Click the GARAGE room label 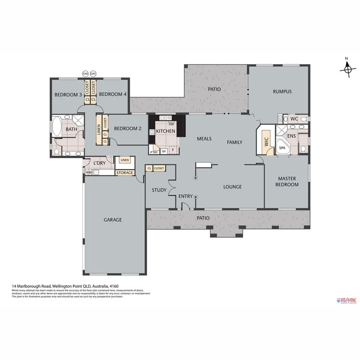[113, 220]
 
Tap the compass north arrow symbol [348, 69]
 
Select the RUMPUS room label [282, 92]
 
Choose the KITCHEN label [165, 131]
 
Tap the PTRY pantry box [154, 152]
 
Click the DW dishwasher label [171, 125]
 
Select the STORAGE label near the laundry [125, 173]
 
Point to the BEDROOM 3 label [68, 94]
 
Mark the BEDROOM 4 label [112, 94]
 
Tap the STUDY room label [159, 190]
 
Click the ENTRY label [185, 196]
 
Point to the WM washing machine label [88, 172]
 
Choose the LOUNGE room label [232, 187]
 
